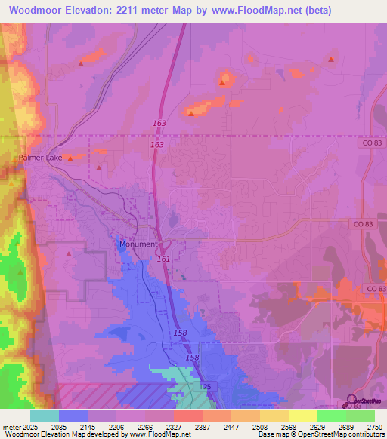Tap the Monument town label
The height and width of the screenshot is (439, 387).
(x=138, y=244)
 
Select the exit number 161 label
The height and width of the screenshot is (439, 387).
(x=163, y=259)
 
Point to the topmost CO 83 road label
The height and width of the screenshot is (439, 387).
(x=368, y=142)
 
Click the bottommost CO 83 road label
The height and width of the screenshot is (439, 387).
(x=374, y=289)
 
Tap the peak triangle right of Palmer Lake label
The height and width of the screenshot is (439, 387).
(x=70, y=158)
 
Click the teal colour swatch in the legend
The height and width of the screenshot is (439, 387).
(x=44, y=416)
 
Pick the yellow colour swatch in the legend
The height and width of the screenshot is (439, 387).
(x=302, y=416)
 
